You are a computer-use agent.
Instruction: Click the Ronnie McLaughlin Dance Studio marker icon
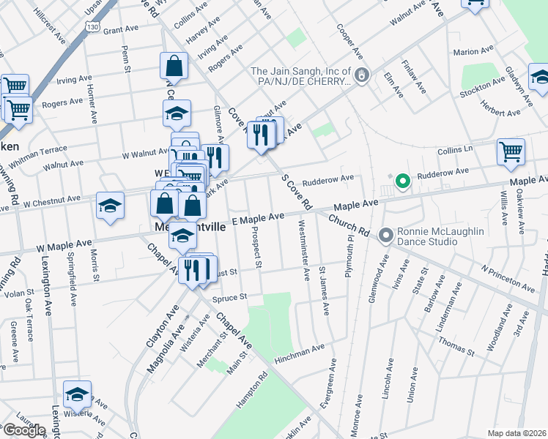pos(386,236)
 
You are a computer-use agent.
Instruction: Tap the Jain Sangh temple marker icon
pos(360,75)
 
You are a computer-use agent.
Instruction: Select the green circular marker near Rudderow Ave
pos(401,181)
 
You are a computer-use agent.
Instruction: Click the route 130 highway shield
pos(91,26)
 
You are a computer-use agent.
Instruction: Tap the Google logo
pos(23,430)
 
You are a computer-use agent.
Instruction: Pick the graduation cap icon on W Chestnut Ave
pos(110,206)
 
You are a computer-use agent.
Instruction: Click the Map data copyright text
pos(516,433)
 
